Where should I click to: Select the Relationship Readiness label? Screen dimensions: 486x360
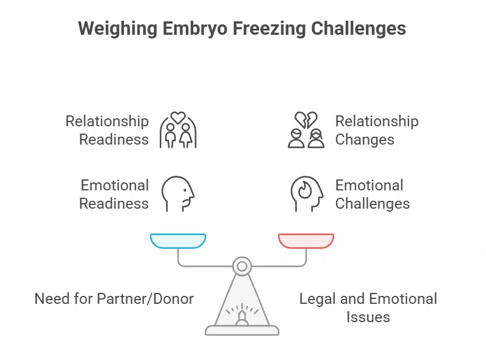[x=107, y=130]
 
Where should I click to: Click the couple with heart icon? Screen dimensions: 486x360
[x=177, y=130]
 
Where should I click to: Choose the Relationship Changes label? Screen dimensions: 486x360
[x=376, y=130]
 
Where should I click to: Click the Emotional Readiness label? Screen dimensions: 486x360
[x=114, y=194]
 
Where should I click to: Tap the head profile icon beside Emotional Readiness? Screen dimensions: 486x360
[x=177, y=194]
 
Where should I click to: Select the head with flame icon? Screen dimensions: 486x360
[x=306, y=194]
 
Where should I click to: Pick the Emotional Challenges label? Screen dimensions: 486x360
[x=372, y=194]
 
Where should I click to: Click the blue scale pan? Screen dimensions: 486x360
[x=178, y=241]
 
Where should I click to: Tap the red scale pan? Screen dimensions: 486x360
[x=306, y=241]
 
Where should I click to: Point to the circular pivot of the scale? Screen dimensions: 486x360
[x=242, y=266]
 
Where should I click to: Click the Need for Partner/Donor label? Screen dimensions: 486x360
[x=114, y=299]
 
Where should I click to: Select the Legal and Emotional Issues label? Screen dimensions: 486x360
[x=368, y=308]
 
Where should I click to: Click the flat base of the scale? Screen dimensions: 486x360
[x=242, y=330]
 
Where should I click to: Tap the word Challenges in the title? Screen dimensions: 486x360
[x=358, y=29]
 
